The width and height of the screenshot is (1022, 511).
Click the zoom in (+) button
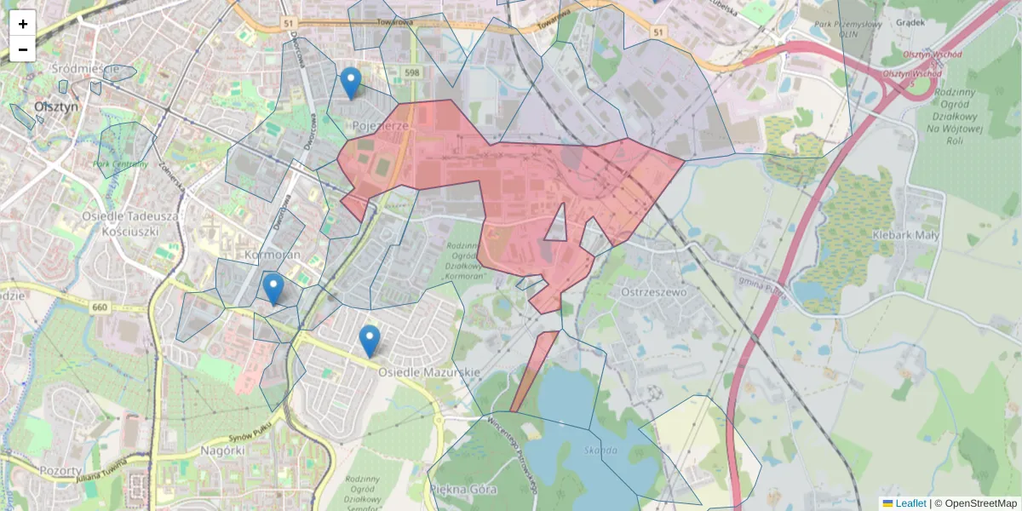pos(23,24)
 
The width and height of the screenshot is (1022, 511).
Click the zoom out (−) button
pos(23,49)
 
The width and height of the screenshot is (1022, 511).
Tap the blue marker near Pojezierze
pos(350,83)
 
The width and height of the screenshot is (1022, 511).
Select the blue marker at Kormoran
pos(273,289)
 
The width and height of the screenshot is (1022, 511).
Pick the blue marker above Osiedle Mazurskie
pos(369,341)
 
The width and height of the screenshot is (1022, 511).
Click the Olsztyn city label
pos(56,106)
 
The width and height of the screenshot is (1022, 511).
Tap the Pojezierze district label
pos(381,125)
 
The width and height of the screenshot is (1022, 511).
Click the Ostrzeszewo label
pos(654,292)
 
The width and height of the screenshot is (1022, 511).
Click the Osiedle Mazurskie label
pos(429,372)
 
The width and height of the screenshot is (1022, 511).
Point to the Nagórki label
pos(223,450)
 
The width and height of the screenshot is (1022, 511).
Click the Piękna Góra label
pos(463,490)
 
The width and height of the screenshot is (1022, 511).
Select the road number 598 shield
pos(412,73)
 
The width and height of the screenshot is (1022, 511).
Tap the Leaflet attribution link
pos(910,503)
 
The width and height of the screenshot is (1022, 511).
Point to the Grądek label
pos(911,23)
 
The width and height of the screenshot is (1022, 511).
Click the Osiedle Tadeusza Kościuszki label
pos(130,224)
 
